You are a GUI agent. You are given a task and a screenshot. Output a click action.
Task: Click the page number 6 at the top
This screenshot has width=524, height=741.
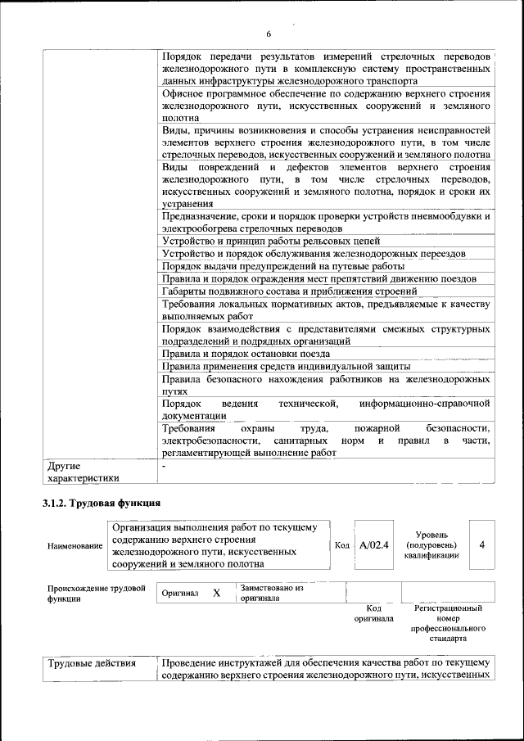tap(268, 34)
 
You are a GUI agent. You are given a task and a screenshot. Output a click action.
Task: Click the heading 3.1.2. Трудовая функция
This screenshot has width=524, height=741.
tap(102, 502)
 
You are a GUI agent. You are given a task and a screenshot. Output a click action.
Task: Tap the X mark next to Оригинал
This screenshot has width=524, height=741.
tap(216, 592)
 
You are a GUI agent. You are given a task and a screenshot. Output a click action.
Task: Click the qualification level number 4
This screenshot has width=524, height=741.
tap(481, 544)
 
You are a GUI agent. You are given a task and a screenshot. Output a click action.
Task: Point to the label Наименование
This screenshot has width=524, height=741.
tap(75, 545)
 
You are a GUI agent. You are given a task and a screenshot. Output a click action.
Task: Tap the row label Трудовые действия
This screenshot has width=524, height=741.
tap(92, 662)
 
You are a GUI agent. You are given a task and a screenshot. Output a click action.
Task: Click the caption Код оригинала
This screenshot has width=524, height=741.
tap(373, 614)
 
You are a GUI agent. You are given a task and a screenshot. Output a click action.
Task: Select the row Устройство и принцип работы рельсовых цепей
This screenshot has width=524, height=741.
tap(271, 241)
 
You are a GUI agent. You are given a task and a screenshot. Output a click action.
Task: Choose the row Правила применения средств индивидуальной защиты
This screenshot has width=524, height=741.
tap(292, 366)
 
